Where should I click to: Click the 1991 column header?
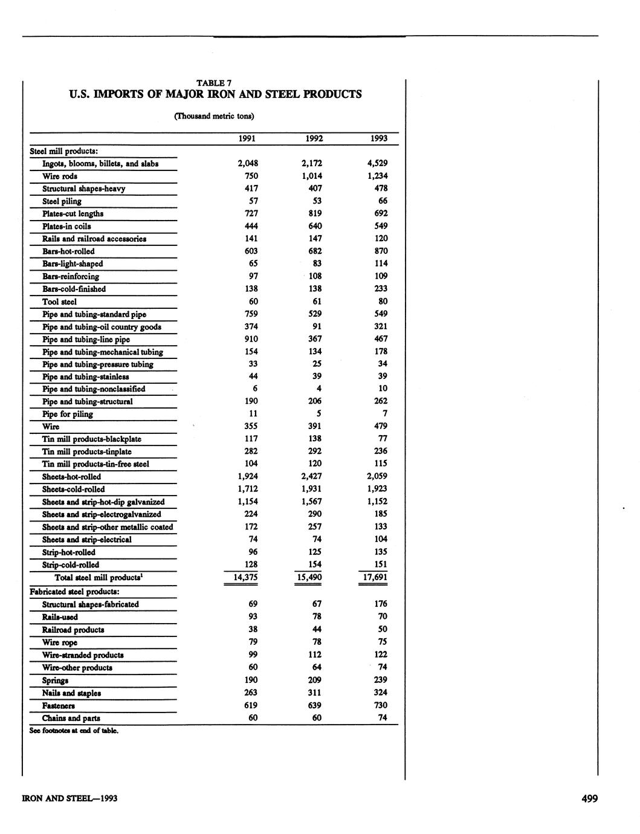247,138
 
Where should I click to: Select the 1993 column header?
379,138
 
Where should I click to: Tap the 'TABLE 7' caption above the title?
214,83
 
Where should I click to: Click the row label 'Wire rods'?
59,176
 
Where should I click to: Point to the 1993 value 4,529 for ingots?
377,163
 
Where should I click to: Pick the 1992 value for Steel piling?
315,201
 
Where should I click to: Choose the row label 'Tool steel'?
59,302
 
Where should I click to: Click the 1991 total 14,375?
245,577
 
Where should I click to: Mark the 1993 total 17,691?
373,577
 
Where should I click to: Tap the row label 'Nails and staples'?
71,693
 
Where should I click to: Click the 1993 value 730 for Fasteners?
379,705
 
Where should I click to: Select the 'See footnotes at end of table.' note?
74,731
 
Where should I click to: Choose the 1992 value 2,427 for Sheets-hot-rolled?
311,476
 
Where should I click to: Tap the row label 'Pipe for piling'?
68,414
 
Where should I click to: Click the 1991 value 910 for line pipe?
249,339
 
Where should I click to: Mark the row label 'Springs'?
55,680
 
